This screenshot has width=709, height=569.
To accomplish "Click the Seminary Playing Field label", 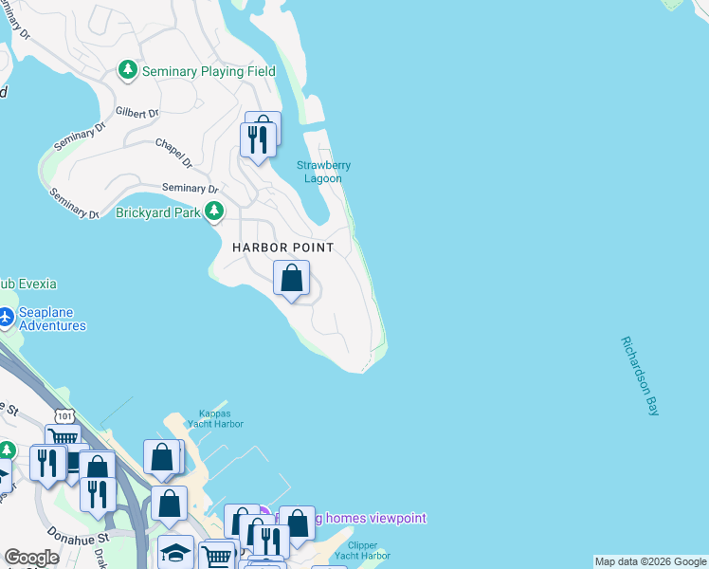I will (208, 71).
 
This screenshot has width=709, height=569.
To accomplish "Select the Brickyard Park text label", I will (157, 212).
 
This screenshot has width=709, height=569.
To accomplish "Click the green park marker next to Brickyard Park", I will (215, 211).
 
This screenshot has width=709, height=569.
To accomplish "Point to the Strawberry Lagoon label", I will (323, 172).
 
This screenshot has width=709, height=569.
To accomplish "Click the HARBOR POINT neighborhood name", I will (283, 248).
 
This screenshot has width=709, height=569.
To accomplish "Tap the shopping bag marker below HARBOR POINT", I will (292, 279).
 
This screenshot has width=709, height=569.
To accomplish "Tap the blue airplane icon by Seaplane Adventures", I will (6, 316).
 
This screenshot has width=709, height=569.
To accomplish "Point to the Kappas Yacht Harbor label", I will (221, 419).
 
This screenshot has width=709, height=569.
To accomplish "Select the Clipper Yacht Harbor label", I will (363, 551).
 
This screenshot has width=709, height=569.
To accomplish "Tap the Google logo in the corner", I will (31, 558).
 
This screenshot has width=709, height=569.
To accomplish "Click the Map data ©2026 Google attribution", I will (650, 561).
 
